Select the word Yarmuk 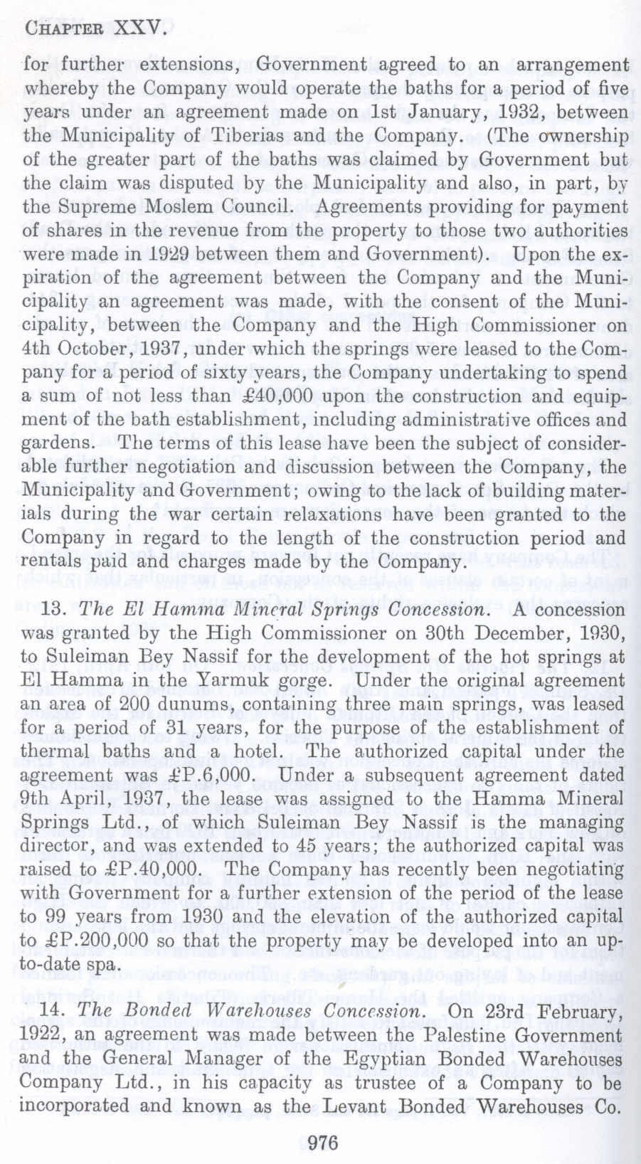coord(243,681)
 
